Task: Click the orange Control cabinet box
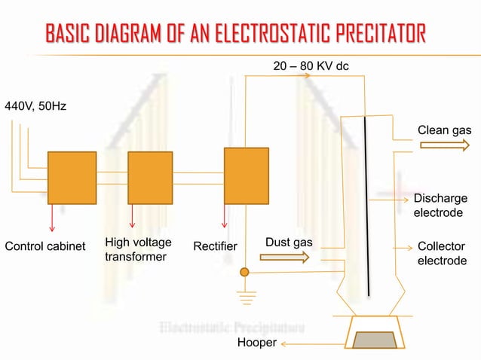[x=72, y=178]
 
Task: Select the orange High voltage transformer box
[x=150, y=178]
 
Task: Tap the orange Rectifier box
[x=246, y=175]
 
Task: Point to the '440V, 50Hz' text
[x=35, y=106]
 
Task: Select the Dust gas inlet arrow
[x=284, y=258]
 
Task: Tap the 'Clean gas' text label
[x=444, y=130]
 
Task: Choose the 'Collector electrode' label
[x=442, y=254]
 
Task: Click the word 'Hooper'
[x=257, y=343]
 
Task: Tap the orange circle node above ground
[x=244, y=271]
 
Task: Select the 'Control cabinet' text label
[x=45, y=246]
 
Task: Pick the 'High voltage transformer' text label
[x=138, y=249]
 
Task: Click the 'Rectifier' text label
[x=215, y=246]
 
